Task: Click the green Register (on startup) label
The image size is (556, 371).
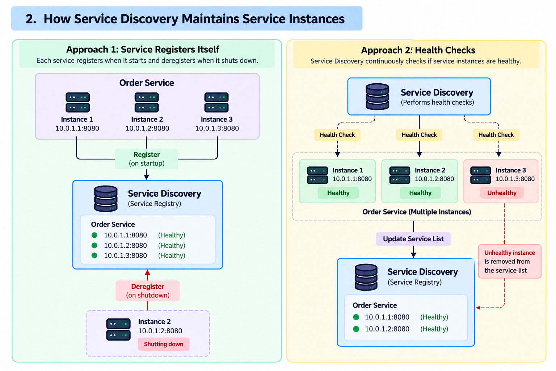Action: coord(147,159)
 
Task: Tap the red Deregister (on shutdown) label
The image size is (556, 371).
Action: coord(147,291)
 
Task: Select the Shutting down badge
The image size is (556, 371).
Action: coord(164,344)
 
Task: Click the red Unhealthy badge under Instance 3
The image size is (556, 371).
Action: coord(502,193)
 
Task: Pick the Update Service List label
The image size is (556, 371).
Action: coord(413,239)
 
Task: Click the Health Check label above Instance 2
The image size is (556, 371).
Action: coord(419,135)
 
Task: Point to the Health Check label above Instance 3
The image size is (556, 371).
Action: coord(496,135)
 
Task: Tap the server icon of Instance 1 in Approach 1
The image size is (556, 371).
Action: coord(78,103)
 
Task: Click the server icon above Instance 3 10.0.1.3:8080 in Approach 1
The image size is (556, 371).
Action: coord(216,103)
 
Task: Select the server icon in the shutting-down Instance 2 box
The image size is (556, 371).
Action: coord(118,329)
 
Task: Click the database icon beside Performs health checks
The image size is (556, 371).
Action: coord(377,96)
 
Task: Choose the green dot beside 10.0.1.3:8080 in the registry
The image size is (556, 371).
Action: coord(94,255)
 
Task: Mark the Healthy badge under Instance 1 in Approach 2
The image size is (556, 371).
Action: coord(338,193)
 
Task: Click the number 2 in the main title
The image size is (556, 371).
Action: coord(31,19)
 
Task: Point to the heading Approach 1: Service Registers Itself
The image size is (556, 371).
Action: coord(143,49)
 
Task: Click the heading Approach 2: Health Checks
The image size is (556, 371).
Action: coord(418,50)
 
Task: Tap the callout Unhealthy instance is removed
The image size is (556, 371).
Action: coord(510,262)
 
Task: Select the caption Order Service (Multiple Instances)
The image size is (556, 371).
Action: coord(417,212)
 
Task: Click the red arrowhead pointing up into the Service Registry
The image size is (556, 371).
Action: coord(147,272)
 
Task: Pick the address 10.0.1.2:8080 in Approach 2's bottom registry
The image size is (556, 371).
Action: coord(387,329)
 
